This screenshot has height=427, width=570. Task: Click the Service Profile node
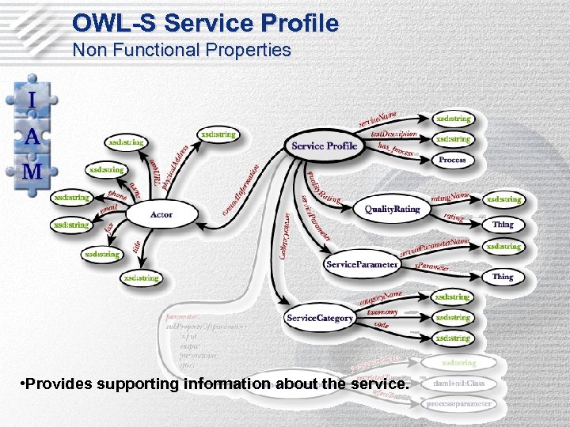[x=324, y=145]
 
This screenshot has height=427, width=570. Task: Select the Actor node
[x=161, y=214]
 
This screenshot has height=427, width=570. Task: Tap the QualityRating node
[x=392, y=209]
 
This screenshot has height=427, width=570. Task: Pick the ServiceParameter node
[x=362, y=264]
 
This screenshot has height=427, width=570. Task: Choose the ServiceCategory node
[x=320, y=317]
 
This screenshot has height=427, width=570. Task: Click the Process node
[x=452, y=160]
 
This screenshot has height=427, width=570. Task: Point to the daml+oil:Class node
[x=458, y=384]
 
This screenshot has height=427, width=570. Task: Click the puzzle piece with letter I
[x=32, y=100]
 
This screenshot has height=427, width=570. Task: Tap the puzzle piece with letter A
[x=32, y=136]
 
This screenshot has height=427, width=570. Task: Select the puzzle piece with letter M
[x=32, y=172]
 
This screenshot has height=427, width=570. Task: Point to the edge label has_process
[x=396, y=149]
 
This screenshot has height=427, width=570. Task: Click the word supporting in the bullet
[x=135, y=384]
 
